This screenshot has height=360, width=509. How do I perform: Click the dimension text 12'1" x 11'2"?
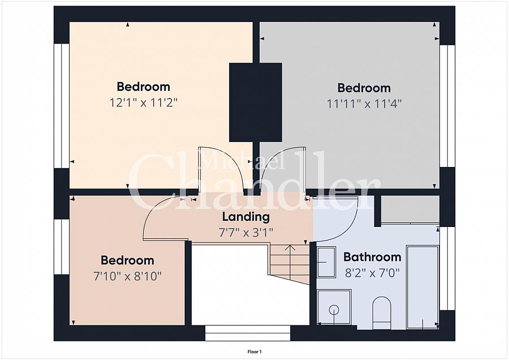(144, 103)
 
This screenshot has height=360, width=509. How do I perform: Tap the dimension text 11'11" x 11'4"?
(364, 104)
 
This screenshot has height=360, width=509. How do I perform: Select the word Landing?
(246, 217)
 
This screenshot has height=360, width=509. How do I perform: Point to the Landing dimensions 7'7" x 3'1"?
(246, 233)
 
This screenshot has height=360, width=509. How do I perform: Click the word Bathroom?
(372, 257)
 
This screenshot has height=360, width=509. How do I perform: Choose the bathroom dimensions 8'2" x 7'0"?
(372, 273)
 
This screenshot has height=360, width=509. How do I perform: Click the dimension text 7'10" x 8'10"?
(127, 276)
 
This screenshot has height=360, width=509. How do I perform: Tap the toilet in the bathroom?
(381, 312)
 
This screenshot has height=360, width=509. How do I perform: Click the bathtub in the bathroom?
(422, 287)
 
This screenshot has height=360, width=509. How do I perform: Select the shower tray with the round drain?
(334, 307)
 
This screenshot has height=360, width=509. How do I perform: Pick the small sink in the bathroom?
(326, 262)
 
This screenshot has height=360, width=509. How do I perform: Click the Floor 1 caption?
(255, 352)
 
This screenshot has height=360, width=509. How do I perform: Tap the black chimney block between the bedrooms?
(256, 102)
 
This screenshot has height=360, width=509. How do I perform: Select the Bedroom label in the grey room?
(364, 88)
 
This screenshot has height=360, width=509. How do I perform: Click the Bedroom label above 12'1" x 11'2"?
(144, 87)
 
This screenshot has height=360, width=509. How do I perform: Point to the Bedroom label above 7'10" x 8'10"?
(127, 260)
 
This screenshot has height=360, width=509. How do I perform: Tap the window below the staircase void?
(248, 333)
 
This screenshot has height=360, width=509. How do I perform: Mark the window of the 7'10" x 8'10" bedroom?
(62, 247)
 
